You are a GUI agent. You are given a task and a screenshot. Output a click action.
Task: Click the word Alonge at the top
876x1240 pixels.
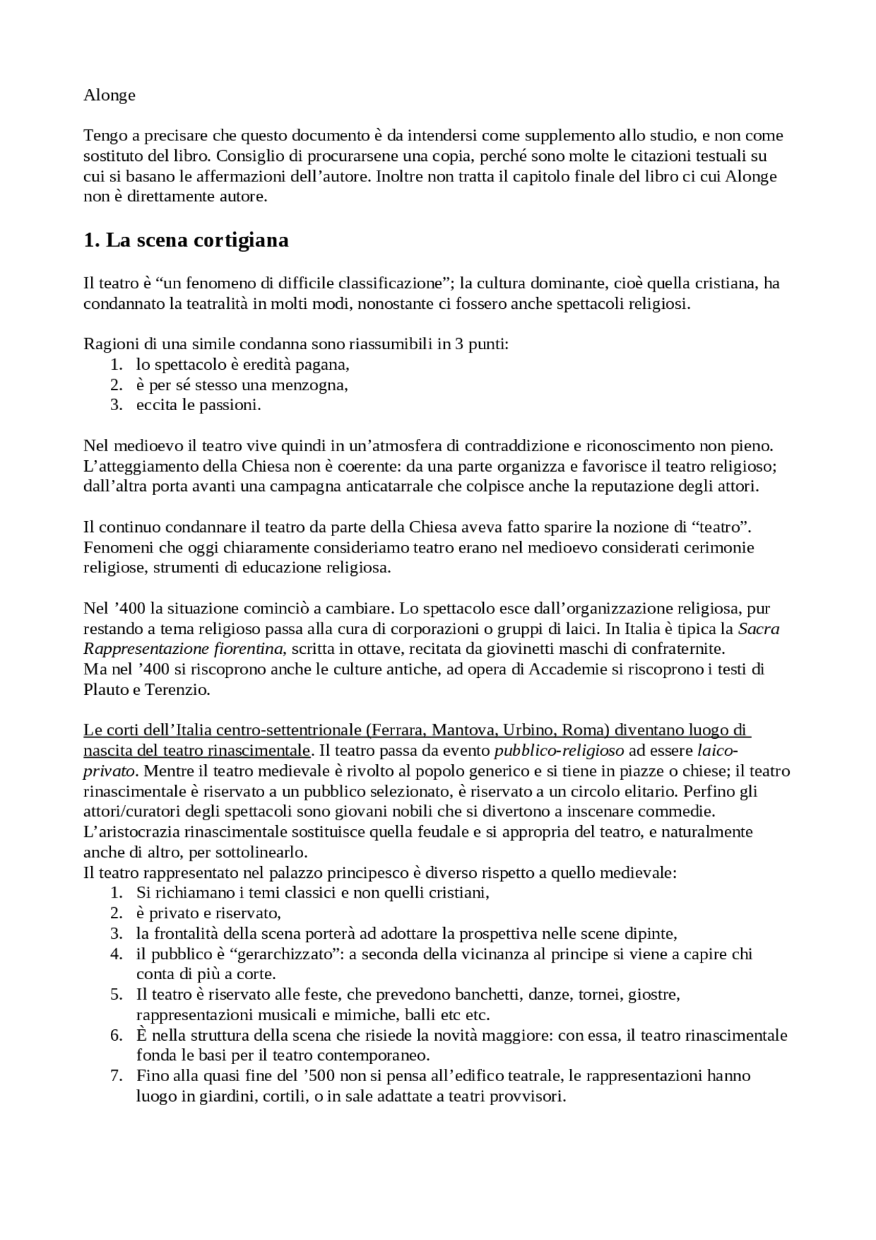pos(109,95)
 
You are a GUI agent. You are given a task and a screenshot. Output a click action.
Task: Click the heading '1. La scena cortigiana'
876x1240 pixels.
pos(185,240)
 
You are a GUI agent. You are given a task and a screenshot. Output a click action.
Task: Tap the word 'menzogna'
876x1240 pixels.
pos(313,385)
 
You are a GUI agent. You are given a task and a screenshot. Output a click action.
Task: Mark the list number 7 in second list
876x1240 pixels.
pos(116,1076)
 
